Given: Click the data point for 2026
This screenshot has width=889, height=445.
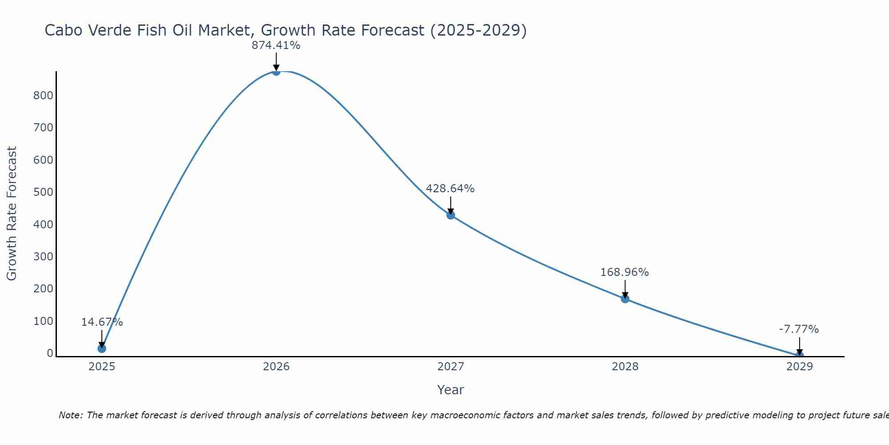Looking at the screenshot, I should pos(276,71).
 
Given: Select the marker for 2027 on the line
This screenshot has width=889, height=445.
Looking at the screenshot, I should pos(451,215).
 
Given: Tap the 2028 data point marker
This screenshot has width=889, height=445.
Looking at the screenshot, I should pos(625,299).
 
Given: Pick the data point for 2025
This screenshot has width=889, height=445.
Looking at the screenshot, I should pos(102,348).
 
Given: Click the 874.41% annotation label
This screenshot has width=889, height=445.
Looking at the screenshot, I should pos(276,45).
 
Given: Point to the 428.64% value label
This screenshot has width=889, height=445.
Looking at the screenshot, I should pos(450,189).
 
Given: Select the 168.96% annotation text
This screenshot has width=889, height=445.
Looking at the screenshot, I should pos(625,272).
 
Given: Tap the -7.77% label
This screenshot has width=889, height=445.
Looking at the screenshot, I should pos(799,329).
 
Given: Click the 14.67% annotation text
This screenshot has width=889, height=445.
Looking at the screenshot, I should pos(102,322).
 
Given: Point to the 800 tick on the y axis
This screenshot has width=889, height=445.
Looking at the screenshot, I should pos(43,96).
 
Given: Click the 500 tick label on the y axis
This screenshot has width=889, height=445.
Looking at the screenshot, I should pos(43,192).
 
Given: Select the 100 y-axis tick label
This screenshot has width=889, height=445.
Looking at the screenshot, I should pos(43,321).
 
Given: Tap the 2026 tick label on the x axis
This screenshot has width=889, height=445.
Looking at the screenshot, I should pos(276,367).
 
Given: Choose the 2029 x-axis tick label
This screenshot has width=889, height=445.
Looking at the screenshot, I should pos(799,367).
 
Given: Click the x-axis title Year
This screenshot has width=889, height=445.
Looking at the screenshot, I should pos(450,390).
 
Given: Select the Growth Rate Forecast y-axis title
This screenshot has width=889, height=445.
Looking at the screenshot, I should pos(12,214).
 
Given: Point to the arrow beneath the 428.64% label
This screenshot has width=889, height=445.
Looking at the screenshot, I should pos(451,205).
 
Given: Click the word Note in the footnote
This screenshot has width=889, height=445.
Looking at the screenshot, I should pos(70,415).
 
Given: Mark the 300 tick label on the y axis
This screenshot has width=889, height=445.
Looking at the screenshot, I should pos(43,257).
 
